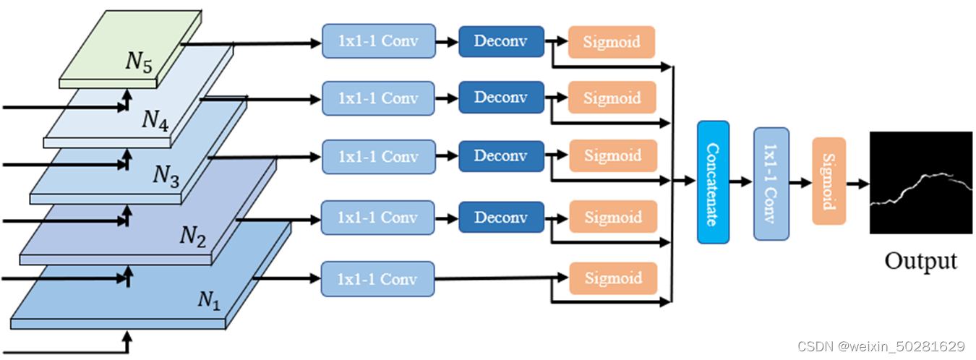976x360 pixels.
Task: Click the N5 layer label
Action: point(139,62)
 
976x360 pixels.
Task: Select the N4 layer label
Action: point(155,119)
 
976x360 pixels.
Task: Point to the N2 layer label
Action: point(193,236)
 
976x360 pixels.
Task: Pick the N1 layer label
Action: point(209,299)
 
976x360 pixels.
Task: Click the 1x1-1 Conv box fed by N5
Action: point(378,41)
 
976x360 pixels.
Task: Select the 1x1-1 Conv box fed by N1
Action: point(378,279)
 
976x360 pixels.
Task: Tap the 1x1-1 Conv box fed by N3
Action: point(378,157)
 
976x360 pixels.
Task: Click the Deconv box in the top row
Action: point(501,41)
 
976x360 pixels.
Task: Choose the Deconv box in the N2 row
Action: point(501,218)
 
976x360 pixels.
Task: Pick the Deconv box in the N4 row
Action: point(501,98)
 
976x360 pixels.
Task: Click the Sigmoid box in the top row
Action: point(612,42)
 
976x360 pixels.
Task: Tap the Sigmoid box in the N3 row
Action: point(613,156)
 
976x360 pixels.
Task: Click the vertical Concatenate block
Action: point(713,182)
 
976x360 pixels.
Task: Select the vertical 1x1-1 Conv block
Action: point(771,184)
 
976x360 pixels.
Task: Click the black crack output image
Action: point(920,183)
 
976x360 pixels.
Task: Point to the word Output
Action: point(920,260)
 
